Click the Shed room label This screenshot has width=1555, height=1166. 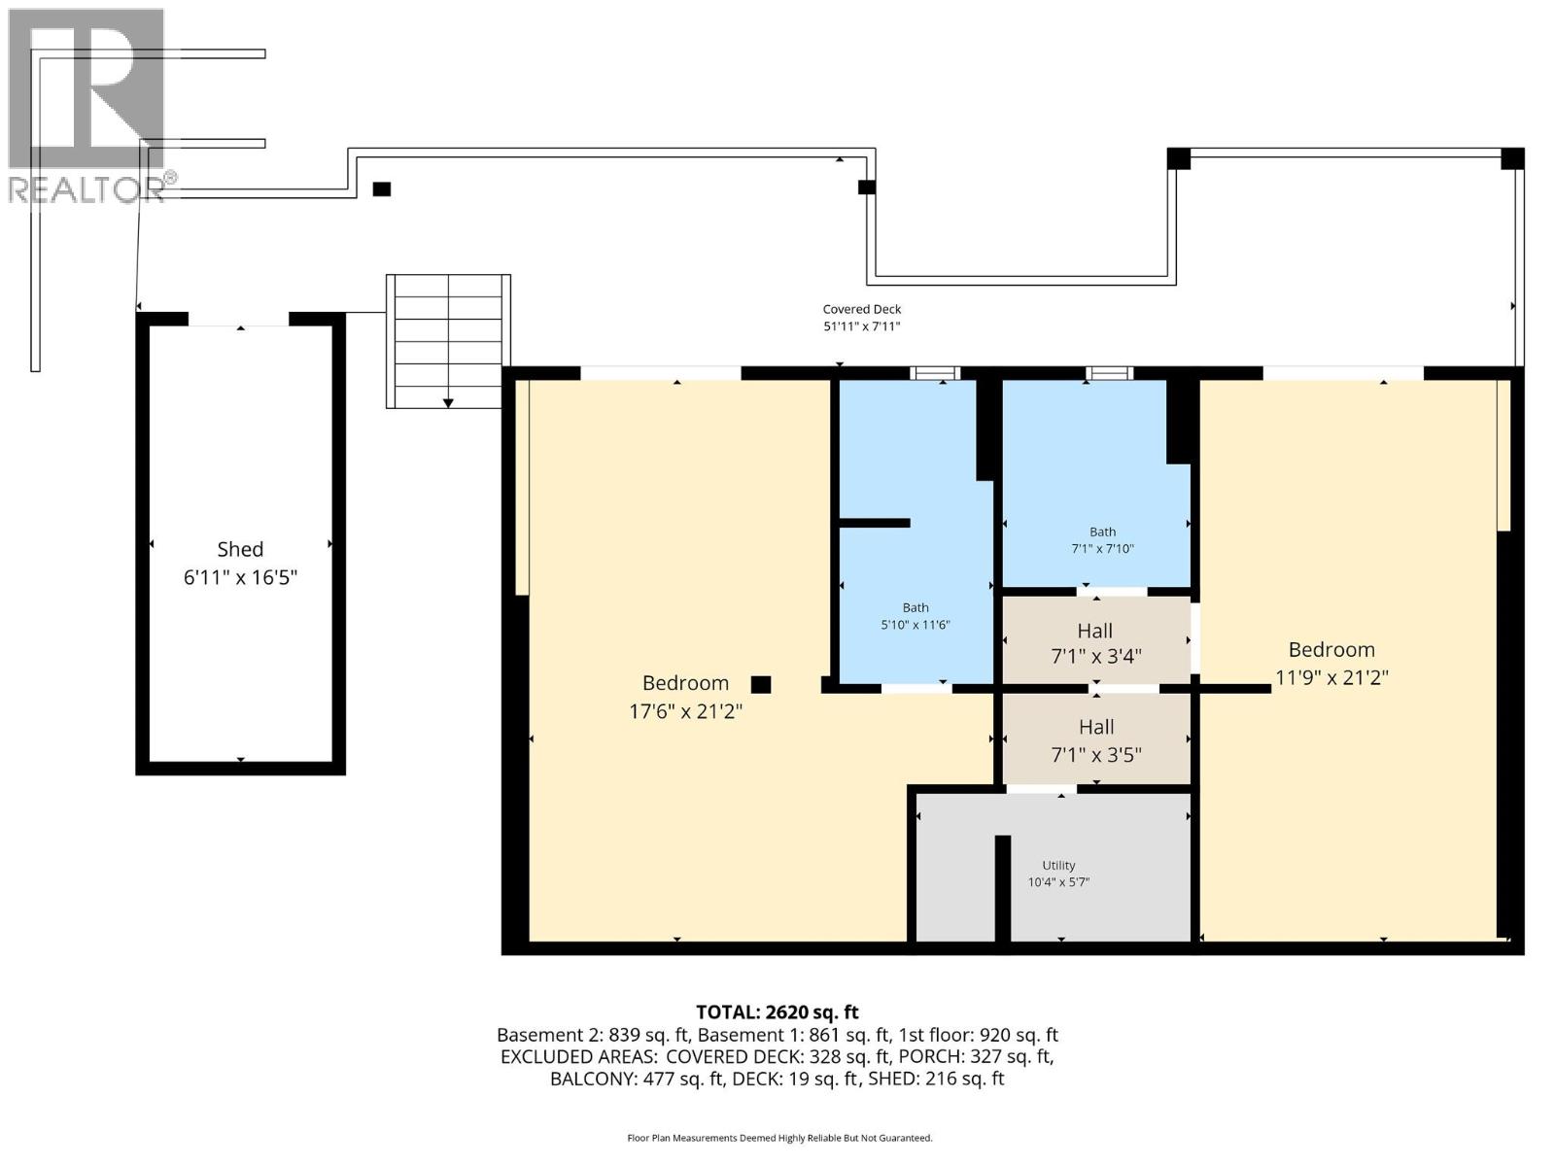tap(240, 549)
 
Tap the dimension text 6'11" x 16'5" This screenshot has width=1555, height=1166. tap(240, 577)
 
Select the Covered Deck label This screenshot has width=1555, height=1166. tap(862, 310)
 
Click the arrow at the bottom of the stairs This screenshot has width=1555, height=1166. tap(448, 400)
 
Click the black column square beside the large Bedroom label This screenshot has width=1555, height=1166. tap(761, 684)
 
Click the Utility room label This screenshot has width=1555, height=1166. tap(1058, 865)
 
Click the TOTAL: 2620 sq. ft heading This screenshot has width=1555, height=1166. tap(777, 1012)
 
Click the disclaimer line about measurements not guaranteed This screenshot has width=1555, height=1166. tap(779, 1138)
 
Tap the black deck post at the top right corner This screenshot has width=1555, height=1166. tap(1512, 158)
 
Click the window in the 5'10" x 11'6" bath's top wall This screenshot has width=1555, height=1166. tap(935, 373)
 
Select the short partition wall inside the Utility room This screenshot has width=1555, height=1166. tap(1003, 887)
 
